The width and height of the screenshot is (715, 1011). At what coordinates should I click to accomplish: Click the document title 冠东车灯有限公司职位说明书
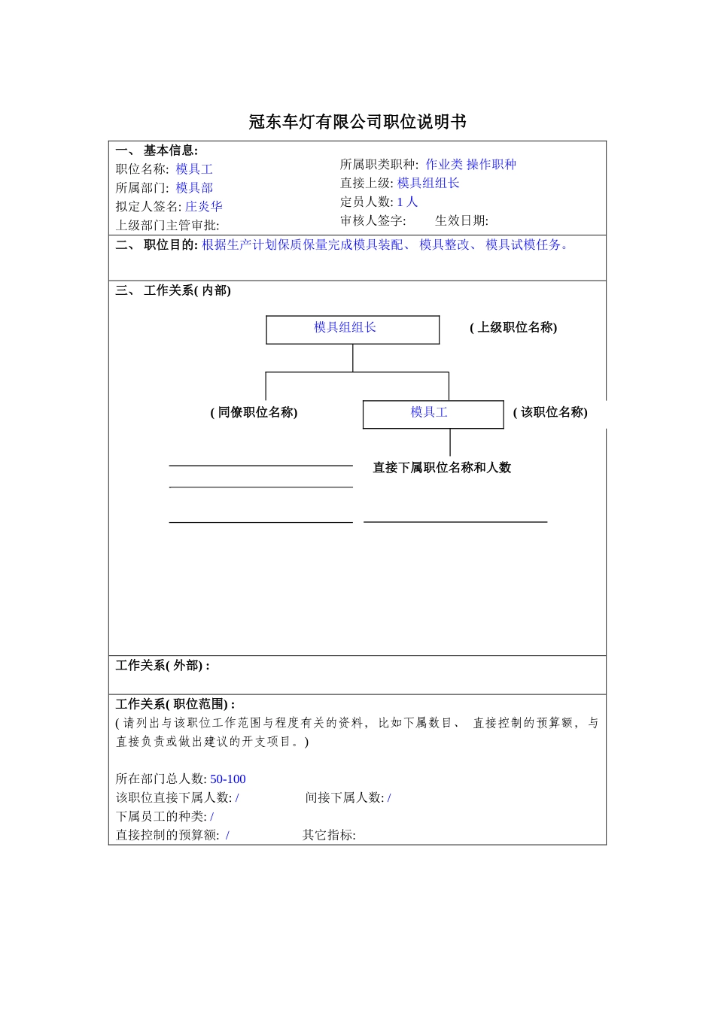coord(357,122)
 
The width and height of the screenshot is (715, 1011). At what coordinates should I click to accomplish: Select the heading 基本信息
coord(170,150)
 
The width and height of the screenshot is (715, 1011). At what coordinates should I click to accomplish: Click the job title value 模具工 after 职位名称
coord(194,169)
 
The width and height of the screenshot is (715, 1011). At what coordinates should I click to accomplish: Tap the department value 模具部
coord(194,188)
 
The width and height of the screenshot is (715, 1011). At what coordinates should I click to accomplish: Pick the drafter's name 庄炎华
coord(204,206)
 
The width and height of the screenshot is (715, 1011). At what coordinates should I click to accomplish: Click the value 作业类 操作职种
coord(470,164)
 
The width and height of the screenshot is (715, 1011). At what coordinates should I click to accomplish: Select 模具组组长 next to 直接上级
coord(428,183)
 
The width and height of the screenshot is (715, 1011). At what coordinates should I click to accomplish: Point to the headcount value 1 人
coord(407,202)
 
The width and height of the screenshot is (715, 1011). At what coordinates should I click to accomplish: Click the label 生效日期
coord(461,220)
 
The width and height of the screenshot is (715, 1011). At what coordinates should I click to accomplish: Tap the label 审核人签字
coord(373,220)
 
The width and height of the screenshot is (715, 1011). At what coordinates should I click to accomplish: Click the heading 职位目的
coord(170,244)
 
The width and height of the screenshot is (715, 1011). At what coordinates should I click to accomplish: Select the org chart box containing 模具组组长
coord(352,329)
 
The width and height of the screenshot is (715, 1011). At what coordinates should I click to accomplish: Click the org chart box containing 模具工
coord(433,414)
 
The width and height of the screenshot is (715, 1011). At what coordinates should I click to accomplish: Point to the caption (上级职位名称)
coord(513,327)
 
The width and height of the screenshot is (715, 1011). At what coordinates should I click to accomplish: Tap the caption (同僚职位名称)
coord(254,412)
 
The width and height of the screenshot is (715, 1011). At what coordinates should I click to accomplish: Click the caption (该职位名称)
coord(550,412)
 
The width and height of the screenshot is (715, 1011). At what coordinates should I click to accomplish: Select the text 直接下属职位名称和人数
coord(442,467)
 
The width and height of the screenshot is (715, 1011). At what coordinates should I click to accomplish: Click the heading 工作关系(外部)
coord(163,666)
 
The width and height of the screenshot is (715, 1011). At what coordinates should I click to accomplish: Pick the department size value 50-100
coord(228,779)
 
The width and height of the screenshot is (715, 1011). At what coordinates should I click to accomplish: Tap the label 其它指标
coord(329,835)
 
